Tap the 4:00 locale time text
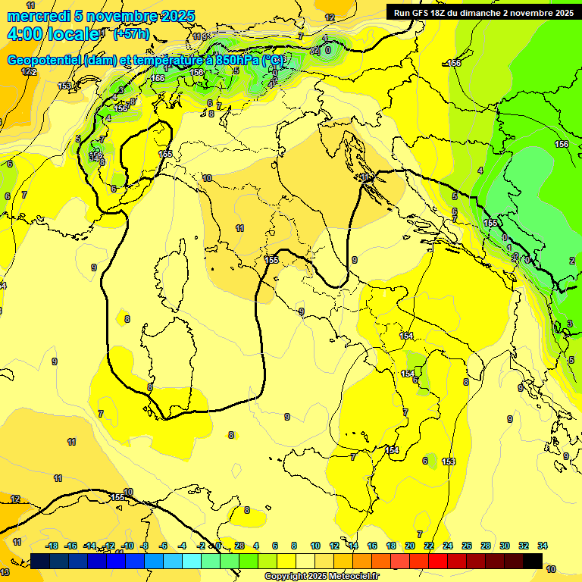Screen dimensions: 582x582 [x=52, y=34]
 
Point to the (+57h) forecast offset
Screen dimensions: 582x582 [x=131, y=34]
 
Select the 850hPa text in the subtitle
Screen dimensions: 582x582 [x=236, y=61]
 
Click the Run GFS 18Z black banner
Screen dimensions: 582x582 [x=483, y=12]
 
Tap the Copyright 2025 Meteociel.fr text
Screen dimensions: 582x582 [x=321, y=576]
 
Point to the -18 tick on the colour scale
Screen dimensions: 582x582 [x=52, y=546]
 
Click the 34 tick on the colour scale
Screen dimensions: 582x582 [x=543, y=546]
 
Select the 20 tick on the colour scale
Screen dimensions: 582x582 [x=410, y=546]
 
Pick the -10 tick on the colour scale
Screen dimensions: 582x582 [x=127, y=546]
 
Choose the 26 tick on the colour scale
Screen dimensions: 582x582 [x=467, y=546]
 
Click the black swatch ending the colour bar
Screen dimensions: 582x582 [x=533, y=561]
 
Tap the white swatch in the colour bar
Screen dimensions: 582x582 [x=305, y=561]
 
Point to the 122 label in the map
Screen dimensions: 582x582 [x=29, y=71]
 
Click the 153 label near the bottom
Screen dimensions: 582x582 [x=449, y=462]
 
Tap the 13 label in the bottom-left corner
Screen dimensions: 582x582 [x=5, y=571]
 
